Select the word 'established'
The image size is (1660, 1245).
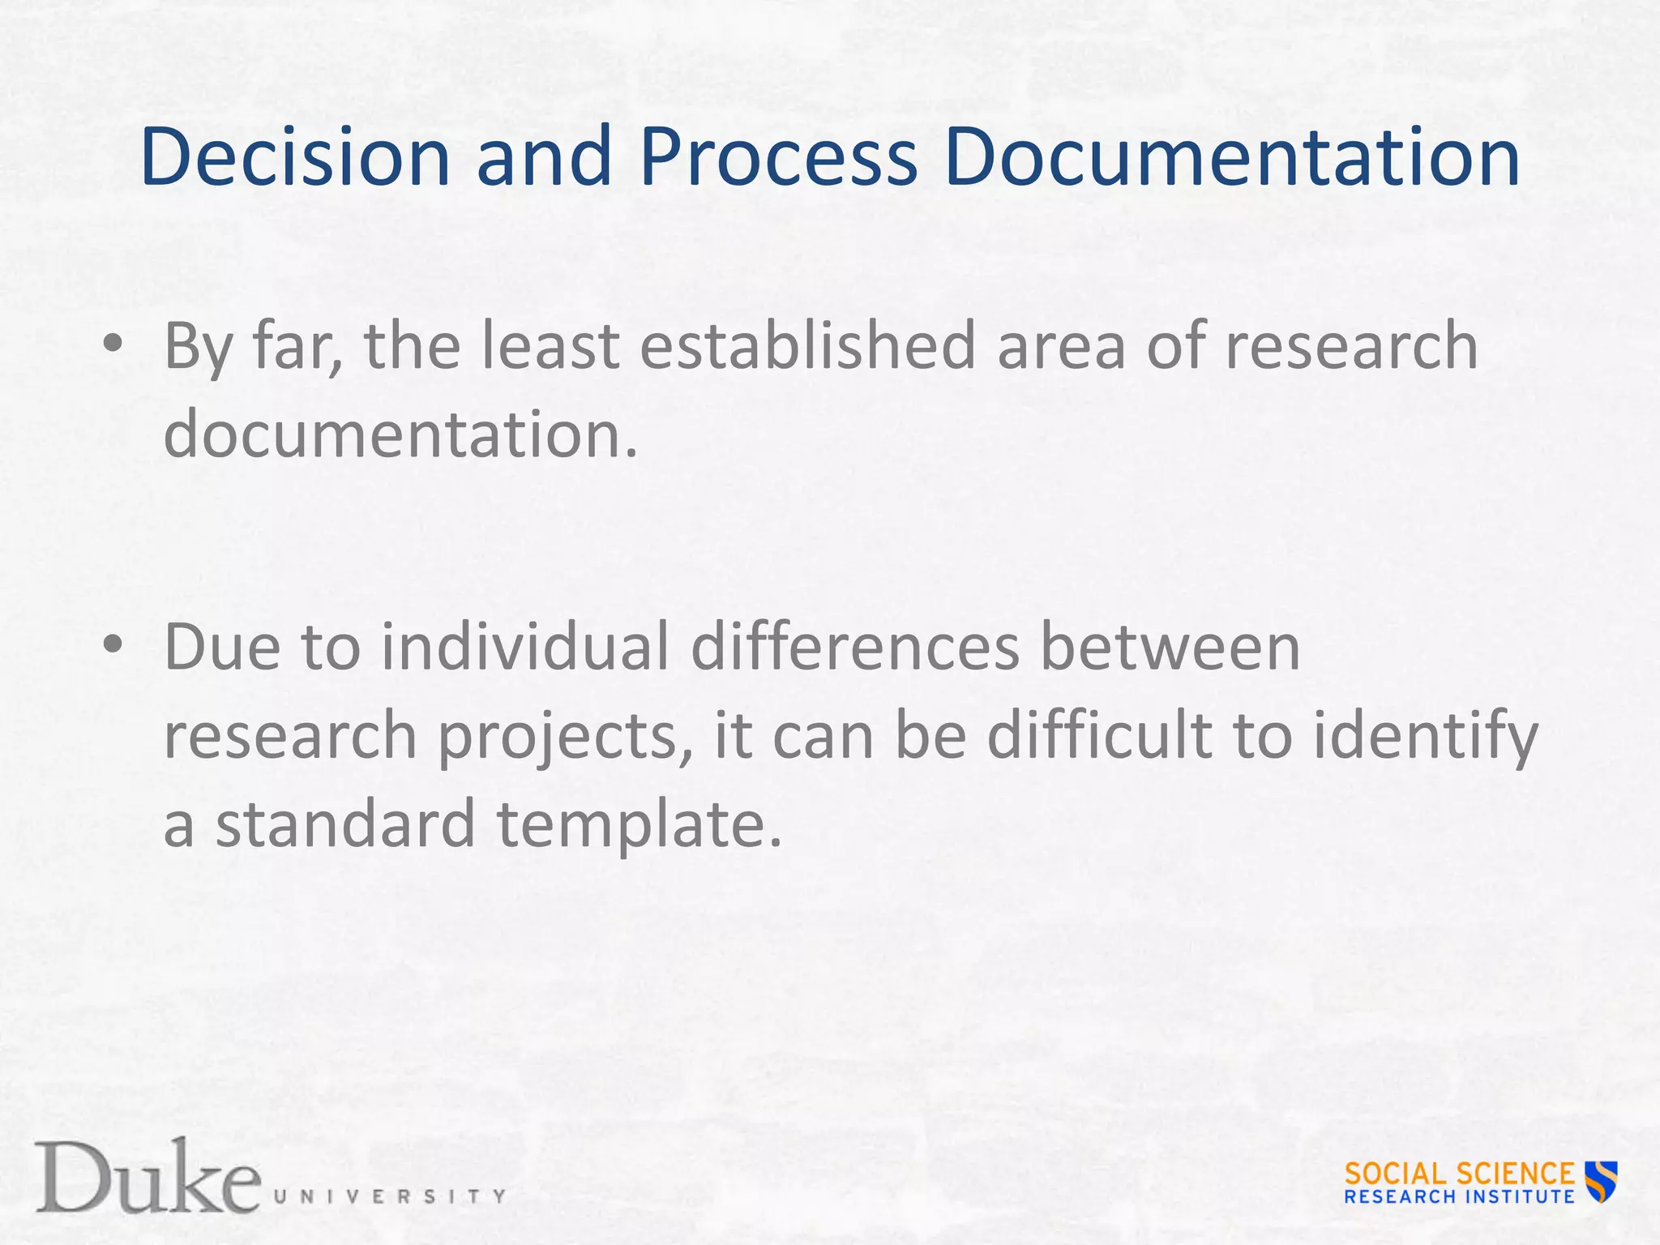(x=807, y=346)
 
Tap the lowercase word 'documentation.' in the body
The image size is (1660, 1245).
(x=400, y=434)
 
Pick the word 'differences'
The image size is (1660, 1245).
(x=855, y=647)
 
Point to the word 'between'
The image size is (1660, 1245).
(x=1170, y=647)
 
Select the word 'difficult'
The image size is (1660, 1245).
(x=1099, y=736)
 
